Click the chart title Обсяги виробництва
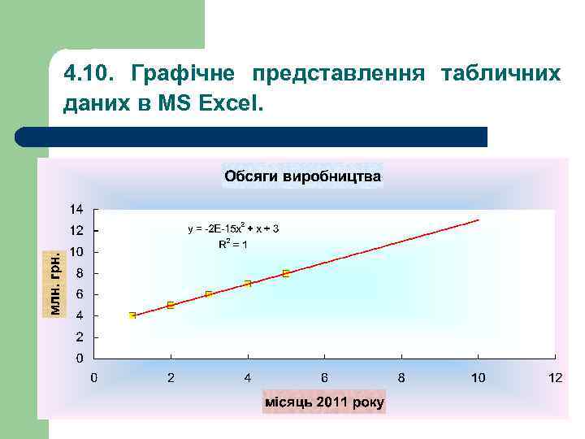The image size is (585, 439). click(302, 176)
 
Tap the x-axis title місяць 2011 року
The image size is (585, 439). click(324, 402)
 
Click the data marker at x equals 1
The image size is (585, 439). click(132, 315)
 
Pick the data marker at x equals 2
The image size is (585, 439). click(171, 305)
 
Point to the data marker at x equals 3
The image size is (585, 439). click(209, 294)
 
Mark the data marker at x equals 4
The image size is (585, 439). click(248, 284)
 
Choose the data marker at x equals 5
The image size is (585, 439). click(286, 273)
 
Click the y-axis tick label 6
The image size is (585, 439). click(78, 294)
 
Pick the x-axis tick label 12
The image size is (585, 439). click(555, 377)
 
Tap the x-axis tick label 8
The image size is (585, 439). click(401, 377)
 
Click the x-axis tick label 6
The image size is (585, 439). click(324, 377)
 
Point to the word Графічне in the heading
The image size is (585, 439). click(183, 75)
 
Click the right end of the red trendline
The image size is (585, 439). click(478, 220)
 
